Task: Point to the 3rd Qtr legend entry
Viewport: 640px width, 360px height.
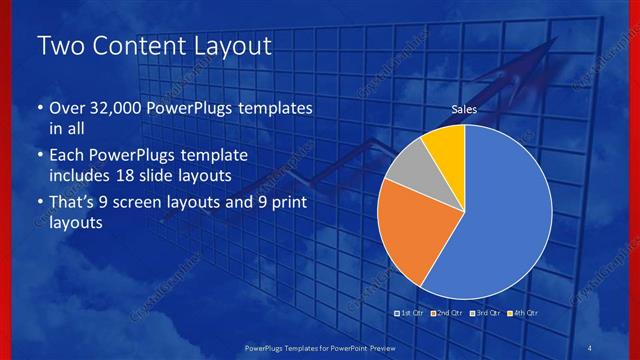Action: [x=485, y=313]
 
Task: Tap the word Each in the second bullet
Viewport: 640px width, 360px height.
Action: [x=68, y=156]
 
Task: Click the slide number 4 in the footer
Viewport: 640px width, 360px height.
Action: [x=590, y=346]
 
